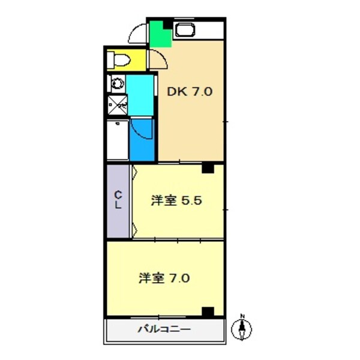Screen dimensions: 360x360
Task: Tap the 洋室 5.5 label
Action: (180, 201)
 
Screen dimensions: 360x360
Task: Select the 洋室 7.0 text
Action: (165, 278)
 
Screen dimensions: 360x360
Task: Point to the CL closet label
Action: (118, 200)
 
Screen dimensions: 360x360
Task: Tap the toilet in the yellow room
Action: (120, 59)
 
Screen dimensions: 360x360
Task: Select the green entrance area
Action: (160, 34)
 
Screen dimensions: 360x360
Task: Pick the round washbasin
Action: (115, 83)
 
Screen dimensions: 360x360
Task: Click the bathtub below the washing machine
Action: (117, 139)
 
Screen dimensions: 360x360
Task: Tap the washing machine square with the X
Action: (117, 106)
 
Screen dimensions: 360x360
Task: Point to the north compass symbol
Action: (242, 329)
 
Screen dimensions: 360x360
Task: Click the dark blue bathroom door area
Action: (142, 139)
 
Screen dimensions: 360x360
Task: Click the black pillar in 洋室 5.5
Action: (208, 168)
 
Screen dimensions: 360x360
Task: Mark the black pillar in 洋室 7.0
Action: (208, 311)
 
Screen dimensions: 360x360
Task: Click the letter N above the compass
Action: (242, 316)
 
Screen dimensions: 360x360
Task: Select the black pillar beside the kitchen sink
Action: (167, 25)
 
